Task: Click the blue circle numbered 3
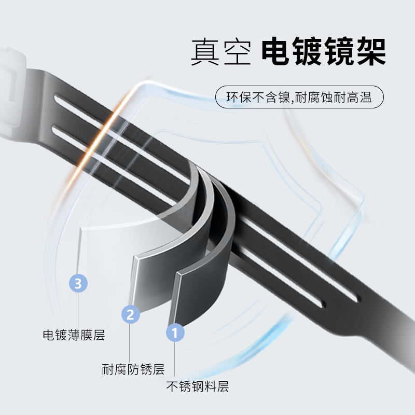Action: tap(78, 283)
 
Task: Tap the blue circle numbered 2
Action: tap(130, 313)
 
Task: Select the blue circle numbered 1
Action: tap(175, 332)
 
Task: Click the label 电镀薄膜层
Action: tap(74, 335)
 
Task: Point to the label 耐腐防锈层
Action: tap(133, 369)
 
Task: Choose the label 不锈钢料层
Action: tap(197, 386)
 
